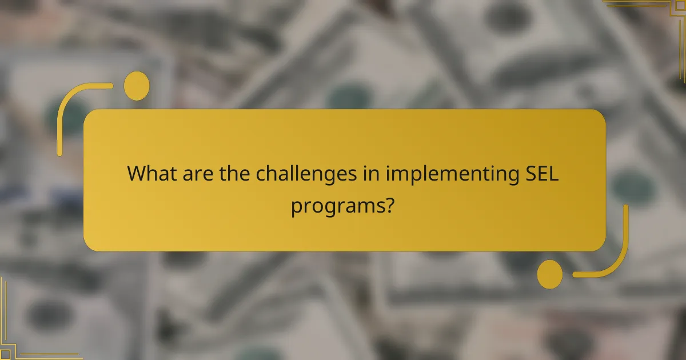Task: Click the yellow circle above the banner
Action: pos(137,86)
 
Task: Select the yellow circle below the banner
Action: pos(550,274)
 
